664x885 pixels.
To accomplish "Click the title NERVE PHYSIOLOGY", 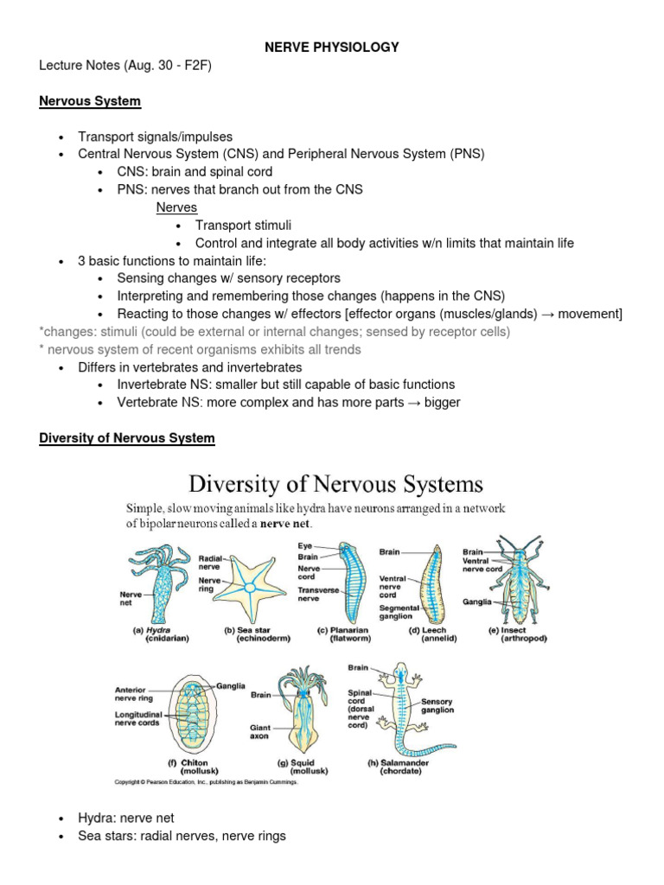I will point(332,48).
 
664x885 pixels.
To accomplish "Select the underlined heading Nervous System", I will point(90,101).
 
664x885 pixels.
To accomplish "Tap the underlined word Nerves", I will point(176,207).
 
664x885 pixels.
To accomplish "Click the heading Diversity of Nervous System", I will point(127,438).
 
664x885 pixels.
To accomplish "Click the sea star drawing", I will point(249,588).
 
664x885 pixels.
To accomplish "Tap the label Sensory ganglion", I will point(437,705).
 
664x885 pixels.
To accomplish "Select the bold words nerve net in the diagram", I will point(290,524).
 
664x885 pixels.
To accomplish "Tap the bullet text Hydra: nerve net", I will point(131,817).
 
